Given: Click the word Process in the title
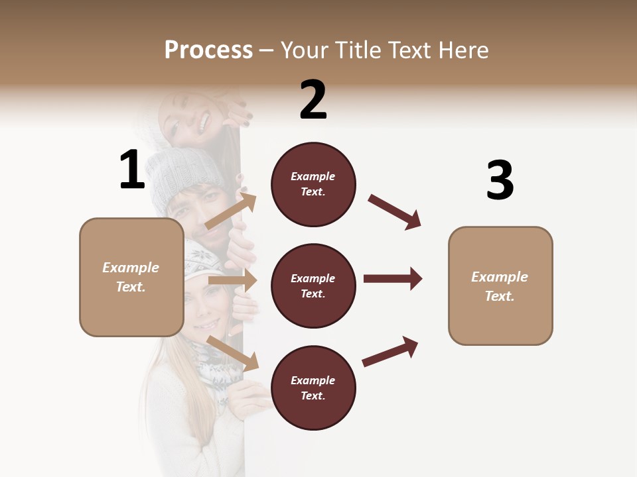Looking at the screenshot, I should click(208, 50).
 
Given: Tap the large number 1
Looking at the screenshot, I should click(132, 170).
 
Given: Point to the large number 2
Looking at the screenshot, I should click(313, 100).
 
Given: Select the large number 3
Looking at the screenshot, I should click(500, 181).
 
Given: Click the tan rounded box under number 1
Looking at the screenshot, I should click(131, 277).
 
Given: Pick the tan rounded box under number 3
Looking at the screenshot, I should click(500, 286).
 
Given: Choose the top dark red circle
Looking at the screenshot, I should click(313, 184).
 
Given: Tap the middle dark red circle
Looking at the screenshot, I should click(313, 286).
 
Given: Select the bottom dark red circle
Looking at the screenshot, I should click(313, 388).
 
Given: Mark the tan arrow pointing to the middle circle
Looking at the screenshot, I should click(233, 280).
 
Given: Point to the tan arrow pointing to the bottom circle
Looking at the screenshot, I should click(233, 352).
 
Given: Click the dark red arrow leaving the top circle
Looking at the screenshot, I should click(395, 212).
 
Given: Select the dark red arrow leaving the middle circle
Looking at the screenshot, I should click(393, 278).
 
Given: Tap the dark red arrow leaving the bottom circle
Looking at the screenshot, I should click(390, 351).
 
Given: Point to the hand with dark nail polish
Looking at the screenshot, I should click(240, 117).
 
